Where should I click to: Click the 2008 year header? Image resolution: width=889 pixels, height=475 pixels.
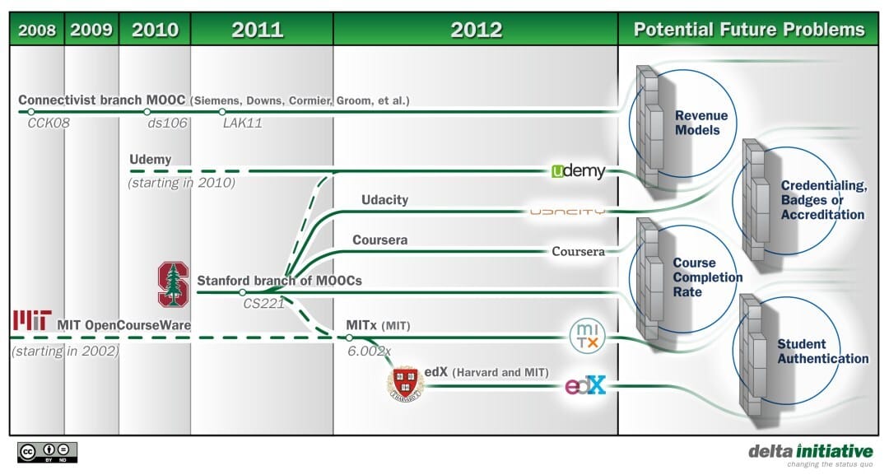[37, 30]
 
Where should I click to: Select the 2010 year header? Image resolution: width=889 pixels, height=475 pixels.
[155, 30]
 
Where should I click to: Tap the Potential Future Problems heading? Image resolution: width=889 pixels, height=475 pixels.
[749, 30]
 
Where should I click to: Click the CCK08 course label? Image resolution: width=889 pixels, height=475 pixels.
[49, 123]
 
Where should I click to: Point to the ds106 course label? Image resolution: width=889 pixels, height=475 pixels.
[167, 123]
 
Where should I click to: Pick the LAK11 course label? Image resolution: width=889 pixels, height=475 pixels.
[243, 123]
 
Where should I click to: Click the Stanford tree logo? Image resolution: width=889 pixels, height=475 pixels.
[173, 284]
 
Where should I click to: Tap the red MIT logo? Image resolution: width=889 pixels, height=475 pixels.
[32, 319]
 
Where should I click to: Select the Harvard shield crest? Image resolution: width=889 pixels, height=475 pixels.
[405, 384]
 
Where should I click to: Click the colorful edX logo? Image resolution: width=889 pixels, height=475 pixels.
[586, 385]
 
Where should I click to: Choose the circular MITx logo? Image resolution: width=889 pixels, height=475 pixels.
[588, 336]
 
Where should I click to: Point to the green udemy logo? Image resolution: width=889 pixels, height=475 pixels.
[579, 171]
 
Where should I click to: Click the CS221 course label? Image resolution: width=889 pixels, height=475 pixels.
[263, 303]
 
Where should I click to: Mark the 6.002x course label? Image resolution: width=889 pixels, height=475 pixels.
[369, 351]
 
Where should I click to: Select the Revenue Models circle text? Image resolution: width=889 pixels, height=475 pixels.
[700, 123]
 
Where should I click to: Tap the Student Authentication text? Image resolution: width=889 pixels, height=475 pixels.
[822, 352]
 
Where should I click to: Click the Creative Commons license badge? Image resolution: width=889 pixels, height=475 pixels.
[47, 452]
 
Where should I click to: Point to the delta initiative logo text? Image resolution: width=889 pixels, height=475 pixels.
[811, 451]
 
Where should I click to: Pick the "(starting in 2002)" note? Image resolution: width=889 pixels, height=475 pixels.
[66, 351]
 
